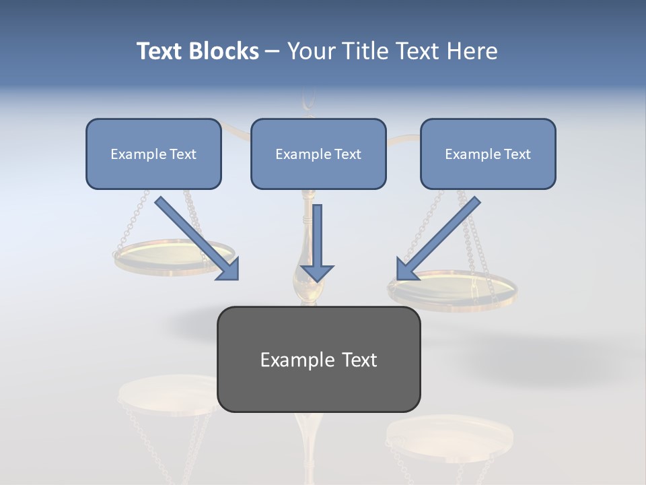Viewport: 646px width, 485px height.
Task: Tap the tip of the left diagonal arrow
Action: (x=236, y=277)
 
